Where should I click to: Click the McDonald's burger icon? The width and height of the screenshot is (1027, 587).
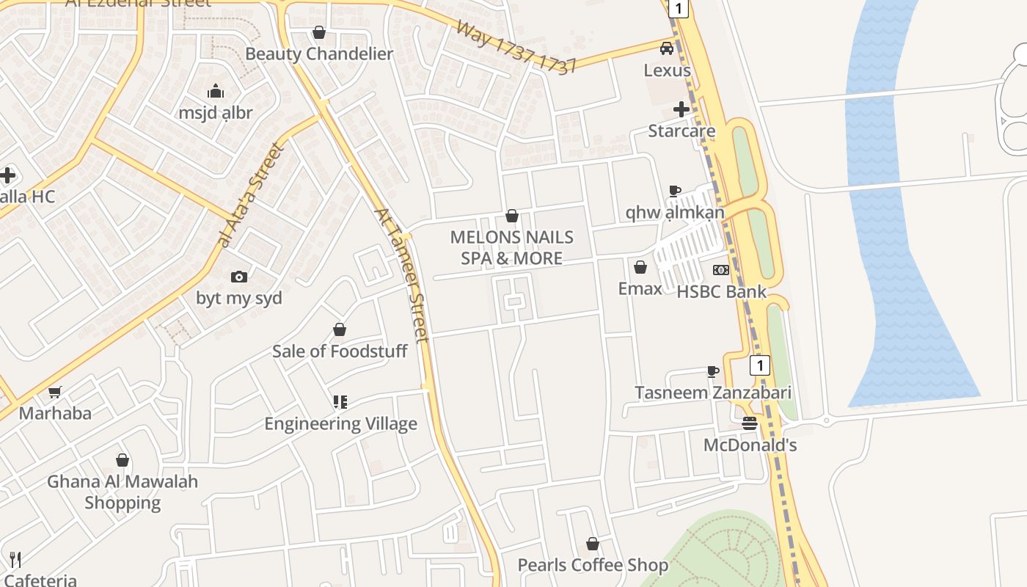click(749, 423)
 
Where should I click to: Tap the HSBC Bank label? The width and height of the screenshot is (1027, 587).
click(721, 291)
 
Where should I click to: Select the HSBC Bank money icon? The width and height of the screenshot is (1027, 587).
click(721, 270)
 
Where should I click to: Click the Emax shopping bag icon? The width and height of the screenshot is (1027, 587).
click(640, 267)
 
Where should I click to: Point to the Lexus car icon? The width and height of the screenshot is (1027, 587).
click(667, 48)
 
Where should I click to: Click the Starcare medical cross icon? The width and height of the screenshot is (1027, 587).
click(681, 109)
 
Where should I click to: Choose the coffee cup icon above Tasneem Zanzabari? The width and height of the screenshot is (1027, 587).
click(712, 371)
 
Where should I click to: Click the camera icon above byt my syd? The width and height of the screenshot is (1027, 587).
click(238, 277)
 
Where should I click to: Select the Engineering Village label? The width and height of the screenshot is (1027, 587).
click(340, 423)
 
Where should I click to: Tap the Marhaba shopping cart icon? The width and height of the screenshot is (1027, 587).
click(54, 393)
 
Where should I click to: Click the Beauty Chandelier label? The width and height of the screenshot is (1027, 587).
click(319, 54)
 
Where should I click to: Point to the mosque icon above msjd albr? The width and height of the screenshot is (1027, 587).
click(216, 91)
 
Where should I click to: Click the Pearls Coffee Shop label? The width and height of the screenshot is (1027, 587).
click(593, 565)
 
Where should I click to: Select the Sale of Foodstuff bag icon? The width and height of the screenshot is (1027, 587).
click(340, 329)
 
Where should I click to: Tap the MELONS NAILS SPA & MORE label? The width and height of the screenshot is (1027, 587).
click(512, 247)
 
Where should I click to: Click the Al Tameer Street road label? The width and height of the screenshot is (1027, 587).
click(401, 275)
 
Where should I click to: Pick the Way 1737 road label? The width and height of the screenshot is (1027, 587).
click(516, 48)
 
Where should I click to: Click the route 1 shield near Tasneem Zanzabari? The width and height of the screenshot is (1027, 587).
click(760, 365)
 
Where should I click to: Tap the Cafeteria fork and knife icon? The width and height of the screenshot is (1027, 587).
click(15, 560)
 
